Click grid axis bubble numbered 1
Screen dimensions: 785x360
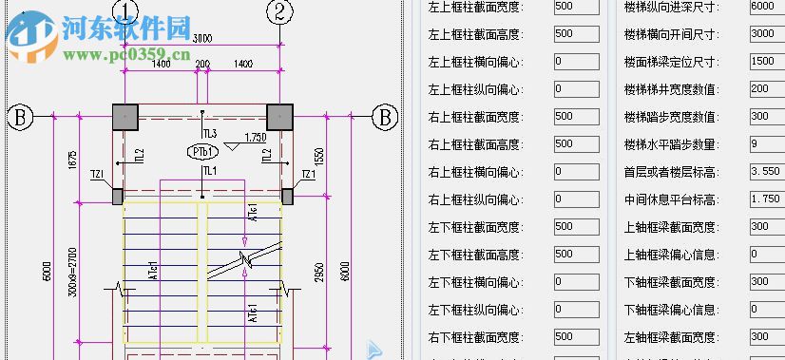click(125, 11)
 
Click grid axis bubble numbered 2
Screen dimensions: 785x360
click(278, 11)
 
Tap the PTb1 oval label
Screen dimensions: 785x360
click(203, 152)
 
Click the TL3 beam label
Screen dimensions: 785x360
click(209, 132)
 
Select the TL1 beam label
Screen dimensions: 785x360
click(209, 171)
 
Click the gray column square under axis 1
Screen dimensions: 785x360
click(125, 117)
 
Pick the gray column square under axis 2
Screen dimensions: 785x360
click(278, 117)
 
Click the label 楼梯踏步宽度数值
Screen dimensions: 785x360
click(670, 117)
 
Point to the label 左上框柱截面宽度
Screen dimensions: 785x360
click(473, 7)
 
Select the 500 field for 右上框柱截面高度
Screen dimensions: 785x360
click(576, 144)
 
